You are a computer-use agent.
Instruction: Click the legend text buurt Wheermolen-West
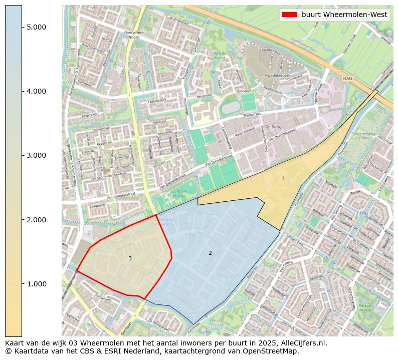pyautogui.click(x=344, y=15)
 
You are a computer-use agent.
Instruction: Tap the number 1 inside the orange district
pyautogui.click(x=283, y=179)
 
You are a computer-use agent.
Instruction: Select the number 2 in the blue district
pyautogui.click(x=210, y=253)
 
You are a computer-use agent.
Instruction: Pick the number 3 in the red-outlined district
pyautogui.click(x=130, y=258)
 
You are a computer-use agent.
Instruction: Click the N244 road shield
pyautogui.click(x=348, y=79)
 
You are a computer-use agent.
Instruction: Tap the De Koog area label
pyautogui.click(x=274, y=127)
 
